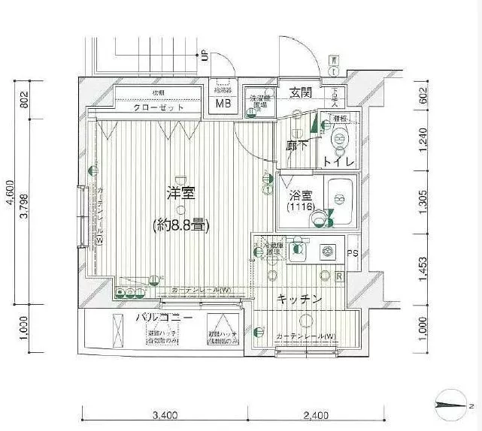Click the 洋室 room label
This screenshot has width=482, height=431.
(x=181, y=193)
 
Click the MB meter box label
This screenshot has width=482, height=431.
(x=224, y=104)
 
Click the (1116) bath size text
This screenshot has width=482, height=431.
(x=300, y=206)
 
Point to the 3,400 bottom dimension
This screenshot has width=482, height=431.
(x=165, y=414)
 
